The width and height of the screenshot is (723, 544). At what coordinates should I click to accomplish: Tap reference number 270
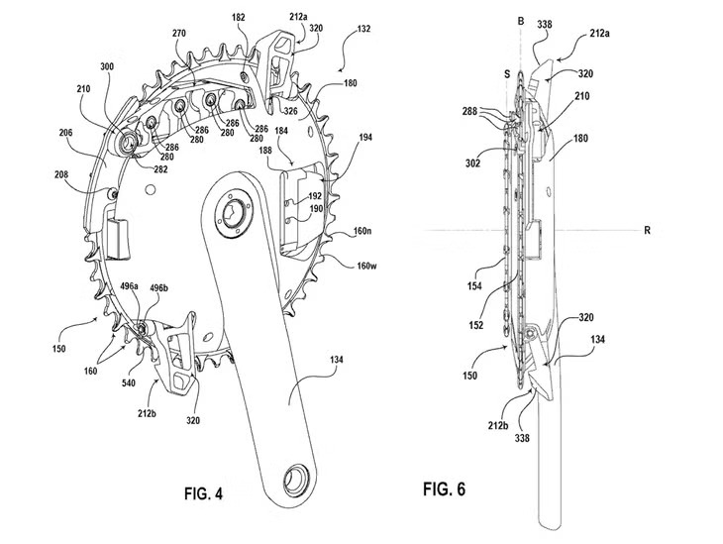(x=178, y=32)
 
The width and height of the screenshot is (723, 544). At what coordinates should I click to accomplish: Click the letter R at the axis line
(x=646, y=231)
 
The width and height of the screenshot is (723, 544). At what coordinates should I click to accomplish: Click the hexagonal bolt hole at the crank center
(x=236, y=216)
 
